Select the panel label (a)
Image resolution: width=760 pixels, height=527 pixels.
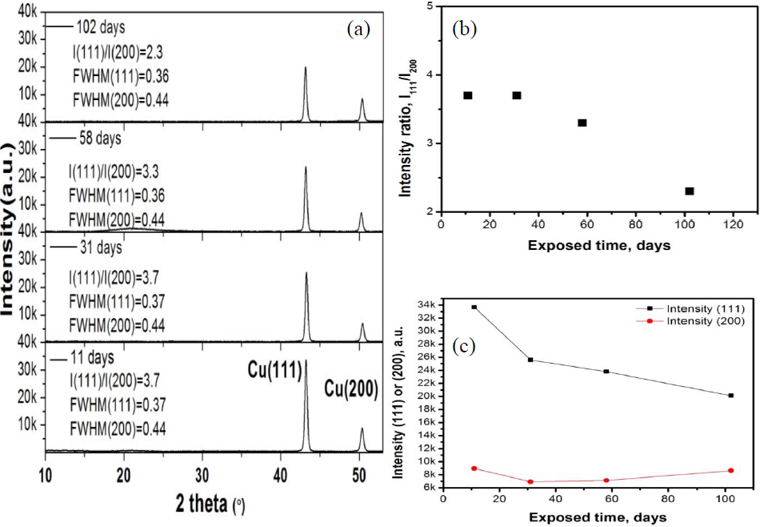point(358,30)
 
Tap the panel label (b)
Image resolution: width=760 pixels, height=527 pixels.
point(465,30)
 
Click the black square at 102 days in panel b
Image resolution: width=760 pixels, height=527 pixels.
point(690,191)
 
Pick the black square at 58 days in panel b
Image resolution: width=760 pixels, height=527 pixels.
point(582,123)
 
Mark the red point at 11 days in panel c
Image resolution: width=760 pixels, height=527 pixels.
point(474,469)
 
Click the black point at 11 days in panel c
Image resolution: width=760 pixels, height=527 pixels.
point(474,307)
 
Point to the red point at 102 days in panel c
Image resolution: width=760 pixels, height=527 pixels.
point(730,470)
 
